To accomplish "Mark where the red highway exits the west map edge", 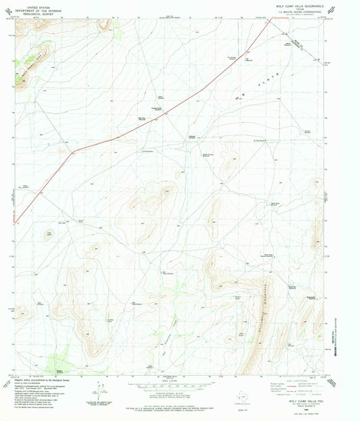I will [14, 222].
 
